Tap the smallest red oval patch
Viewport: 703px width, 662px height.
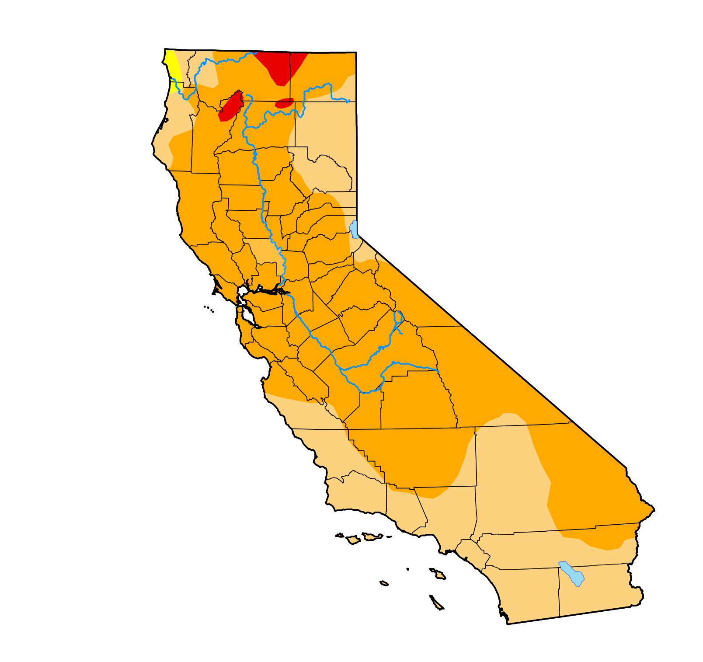[x=284, y=103]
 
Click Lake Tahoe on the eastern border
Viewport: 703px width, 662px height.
[x=354, y=229]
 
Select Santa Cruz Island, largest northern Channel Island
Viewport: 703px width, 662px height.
[x=372, y=536]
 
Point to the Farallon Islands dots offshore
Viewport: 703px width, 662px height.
[x=209, y=309]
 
